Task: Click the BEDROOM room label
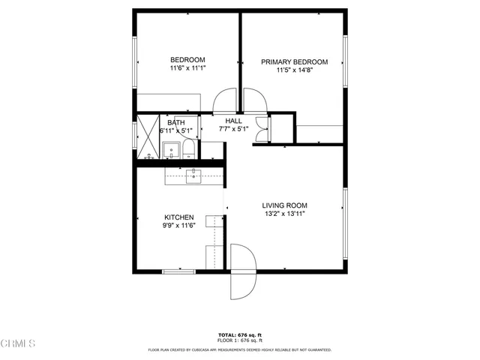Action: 187,60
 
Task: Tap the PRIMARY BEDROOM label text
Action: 294,62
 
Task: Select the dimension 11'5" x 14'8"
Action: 294,71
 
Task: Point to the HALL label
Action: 232,121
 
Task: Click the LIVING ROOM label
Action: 283,205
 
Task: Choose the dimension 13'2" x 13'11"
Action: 283,214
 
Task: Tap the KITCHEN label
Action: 178,217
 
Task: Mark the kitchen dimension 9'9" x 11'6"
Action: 178,226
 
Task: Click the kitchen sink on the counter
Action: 193,176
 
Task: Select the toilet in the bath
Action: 189,151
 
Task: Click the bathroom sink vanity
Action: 170,149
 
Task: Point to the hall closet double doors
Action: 260,129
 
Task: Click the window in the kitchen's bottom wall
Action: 179,270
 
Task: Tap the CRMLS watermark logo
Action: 19,344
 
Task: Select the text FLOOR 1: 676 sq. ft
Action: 239,343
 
